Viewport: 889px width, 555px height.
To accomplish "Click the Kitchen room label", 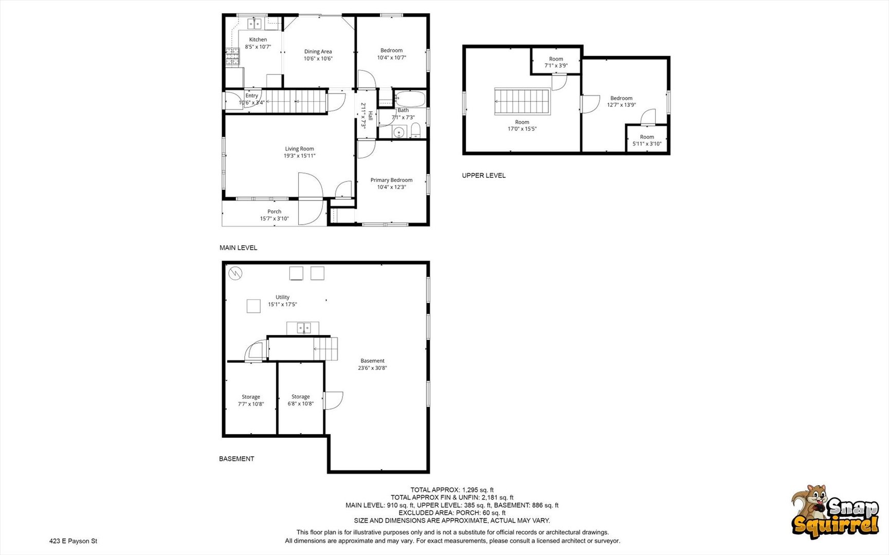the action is [x=258, y=40].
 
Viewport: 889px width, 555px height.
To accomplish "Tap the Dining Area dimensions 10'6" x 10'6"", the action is [x=318, y=59].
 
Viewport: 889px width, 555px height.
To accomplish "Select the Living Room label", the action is [x=299, y=149].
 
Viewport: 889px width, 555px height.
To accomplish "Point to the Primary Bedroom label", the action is [x=391, y=180].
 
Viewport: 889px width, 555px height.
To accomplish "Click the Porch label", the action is [x=275, y=211].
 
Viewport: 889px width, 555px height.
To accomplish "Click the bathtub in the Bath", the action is [x=410, y=99].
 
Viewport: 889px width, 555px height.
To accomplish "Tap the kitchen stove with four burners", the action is [x=233, y=57].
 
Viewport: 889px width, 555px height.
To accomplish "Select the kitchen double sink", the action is [x=255, y=24].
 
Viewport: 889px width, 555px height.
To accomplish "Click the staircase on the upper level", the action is [x=522, y=101].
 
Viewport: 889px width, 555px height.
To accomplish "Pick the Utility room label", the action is [x=282, y=297].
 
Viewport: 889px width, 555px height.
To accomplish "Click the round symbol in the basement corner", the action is [x=235, y=273].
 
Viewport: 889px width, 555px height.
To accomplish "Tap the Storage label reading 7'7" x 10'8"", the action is [x=251, y=400].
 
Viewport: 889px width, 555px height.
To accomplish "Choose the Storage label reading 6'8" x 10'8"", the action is [x=301, y=400].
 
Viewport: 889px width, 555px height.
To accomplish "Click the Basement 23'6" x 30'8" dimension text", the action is [x=372, y=368].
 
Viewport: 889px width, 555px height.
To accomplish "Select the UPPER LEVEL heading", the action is [x=484, y=175].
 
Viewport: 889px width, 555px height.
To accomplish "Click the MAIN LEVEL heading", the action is [x=239, y=248].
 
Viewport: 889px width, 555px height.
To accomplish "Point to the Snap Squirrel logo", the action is [x=835, y=512].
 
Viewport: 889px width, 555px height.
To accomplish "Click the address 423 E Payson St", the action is [x=73, y=541].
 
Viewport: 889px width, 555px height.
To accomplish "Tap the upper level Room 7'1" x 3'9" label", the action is [x=556, y=62].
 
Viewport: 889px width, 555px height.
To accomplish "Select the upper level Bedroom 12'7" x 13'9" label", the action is [x=622, y=101].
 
